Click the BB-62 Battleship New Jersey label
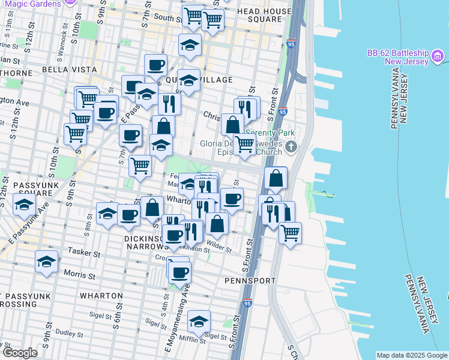[x=397, y=58]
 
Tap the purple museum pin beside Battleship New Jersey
[x=438, y=58]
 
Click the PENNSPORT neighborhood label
[x=250, y=280]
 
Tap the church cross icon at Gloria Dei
[x=291, y=146]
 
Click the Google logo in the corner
[x=19, y=353]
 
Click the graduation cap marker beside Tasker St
[x=46, y=262]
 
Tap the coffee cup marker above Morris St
[x=179, y=273]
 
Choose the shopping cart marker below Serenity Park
[x=244, y=144]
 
